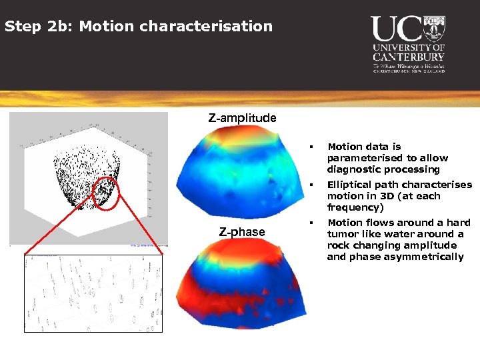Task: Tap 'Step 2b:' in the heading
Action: [29, 27]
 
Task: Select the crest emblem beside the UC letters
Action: [434, 29]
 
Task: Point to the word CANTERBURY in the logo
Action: [409, 57]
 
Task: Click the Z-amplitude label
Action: [242, 118]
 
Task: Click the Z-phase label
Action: [242, 232]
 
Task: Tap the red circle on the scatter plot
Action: [105, 193]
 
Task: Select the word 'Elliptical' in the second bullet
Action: [351, 185]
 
